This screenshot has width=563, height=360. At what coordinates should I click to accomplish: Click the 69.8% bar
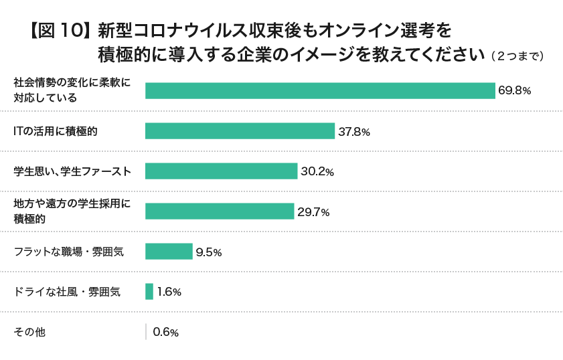pyautogui.click(x=320, y=91)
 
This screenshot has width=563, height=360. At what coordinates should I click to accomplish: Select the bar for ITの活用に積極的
pyautogui.click(x=240, y=131)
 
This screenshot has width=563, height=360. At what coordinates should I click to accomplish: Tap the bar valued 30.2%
pyautogui.click(x=221, y=171)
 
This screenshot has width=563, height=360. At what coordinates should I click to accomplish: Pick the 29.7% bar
pyautogui.click(x=220, y=211)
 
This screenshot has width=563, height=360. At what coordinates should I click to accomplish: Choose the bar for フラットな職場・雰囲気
pyautogui.click(x=169, y=252)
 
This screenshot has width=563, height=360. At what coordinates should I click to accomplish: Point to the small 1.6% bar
pyautogui.click(x=149, y=292)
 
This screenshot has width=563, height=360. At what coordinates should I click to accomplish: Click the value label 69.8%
pyautogui.click(x=514, y=91)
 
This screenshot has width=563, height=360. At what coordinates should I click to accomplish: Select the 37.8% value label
pyautogui.click(x=354, y=132)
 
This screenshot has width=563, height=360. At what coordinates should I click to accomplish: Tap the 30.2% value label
pyautogui.click(x=317, y=172)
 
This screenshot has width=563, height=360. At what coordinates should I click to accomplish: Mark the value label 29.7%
pyautogui.click(x=313, y=212)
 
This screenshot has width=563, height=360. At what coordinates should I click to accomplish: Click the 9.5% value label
pyautogui.click(x=209, y=252)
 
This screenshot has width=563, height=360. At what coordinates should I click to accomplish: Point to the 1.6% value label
pyautogui.click(x=169, y=292)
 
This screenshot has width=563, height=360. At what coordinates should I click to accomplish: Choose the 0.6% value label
pyautogui.click(x=165, y=333)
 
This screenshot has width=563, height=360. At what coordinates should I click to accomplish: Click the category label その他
pyautogui.click(x=29, y=332)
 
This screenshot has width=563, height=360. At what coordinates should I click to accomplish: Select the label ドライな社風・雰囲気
pyautogui.click(x=67, y=292)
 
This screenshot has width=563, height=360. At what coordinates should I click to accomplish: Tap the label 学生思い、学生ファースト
pyautogui.click(x=72, y=171)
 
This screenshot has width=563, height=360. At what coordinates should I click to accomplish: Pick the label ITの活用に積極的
pyautogui.click(x=56, y=131)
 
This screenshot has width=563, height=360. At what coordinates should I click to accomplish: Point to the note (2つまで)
pyautogui.click(x=516, y=56)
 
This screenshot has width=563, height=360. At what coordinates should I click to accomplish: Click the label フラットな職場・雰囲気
pyautogui.click(x=69, y=252)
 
